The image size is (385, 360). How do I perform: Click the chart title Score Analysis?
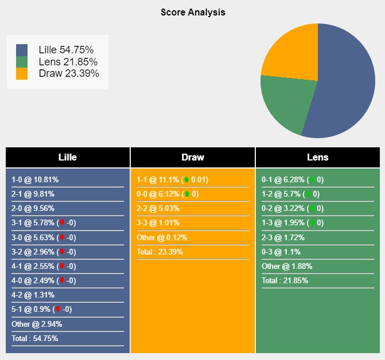193,12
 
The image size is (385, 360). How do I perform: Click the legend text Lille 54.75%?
65,50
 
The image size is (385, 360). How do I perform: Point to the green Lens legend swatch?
22,62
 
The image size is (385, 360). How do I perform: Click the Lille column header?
68,157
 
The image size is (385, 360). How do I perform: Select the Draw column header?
193,157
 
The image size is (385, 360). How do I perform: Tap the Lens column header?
317,157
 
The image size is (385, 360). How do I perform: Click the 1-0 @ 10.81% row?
35,179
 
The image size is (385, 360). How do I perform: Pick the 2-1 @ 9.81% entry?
33,194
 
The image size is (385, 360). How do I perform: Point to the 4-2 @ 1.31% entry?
33,295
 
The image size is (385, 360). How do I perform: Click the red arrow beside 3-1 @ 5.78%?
61,223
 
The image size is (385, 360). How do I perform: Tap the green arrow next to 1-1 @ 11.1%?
186,179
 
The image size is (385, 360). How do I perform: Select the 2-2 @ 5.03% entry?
158,208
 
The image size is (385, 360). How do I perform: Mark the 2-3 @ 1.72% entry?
283,237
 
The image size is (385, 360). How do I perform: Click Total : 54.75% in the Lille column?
35,338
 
